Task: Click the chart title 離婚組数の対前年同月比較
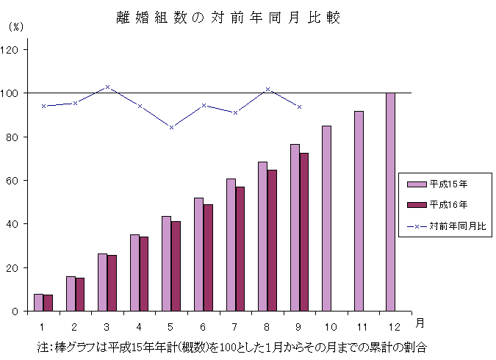point(229,18)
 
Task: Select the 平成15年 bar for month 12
point(390,202)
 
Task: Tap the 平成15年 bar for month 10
point(326,218)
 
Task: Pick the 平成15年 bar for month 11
point(359,211)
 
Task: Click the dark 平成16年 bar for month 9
point(303,232)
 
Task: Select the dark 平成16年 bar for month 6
point(208,258)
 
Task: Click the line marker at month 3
point(107,87)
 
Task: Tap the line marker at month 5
point(171,127)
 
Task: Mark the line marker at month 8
point(267,89)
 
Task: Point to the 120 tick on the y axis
point(13,50)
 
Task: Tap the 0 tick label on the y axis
point(18,312)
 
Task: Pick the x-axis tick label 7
point(235,325)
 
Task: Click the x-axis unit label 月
point(418,323)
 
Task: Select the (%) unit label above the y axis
point(15,27)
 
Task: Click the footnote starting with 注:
point(232,345)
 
